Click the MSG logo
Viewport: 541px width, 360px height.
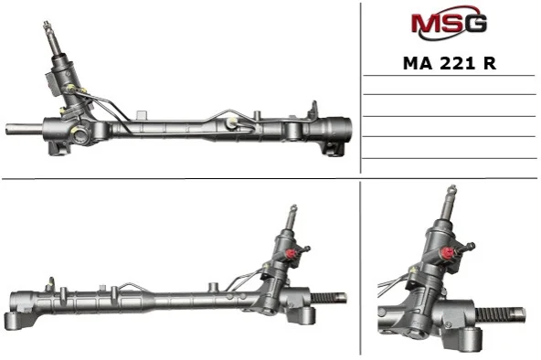tap(449, 23)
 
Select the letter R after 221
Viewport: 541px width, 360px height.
tap(490, 63)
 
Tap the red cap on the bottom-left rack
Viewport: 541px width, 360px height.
tap(292, 254)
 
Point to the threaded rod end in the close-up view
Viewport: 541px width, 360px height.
tap(501, 314)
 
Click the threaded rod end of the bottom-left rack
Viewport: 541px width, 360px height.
tap(329, 298)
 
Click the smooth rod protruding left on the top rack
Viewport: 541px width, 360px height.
tap(24, 129)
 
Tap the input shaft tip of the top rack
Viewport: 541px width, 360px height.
tap(47, 26)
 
